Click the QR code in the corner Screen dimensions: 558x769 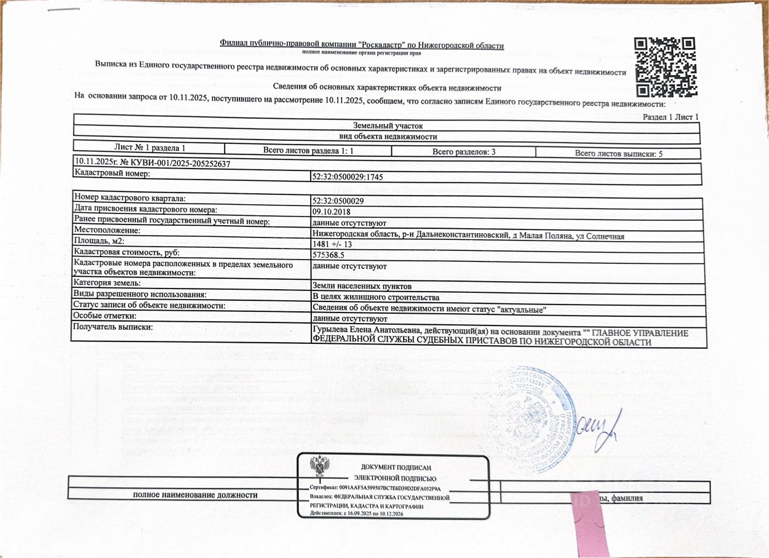[x=664, y=67]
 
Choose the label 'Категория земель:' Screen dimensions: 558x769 [x=107, y=283]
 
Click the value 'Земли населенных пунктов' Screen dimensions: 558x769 [x=358, y=286]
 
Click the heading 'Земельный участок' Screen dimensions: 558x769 [x=388, y=126]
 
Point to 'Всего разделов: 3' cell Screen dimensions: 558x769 [x=464, y=152]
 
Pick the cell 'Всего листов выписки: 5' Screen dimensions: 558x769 [x=618, y=154]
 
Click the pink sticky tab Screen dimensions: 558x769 [x=589, y=523]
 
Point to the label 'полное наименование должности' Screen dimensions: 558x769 [x=196, y=495]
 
